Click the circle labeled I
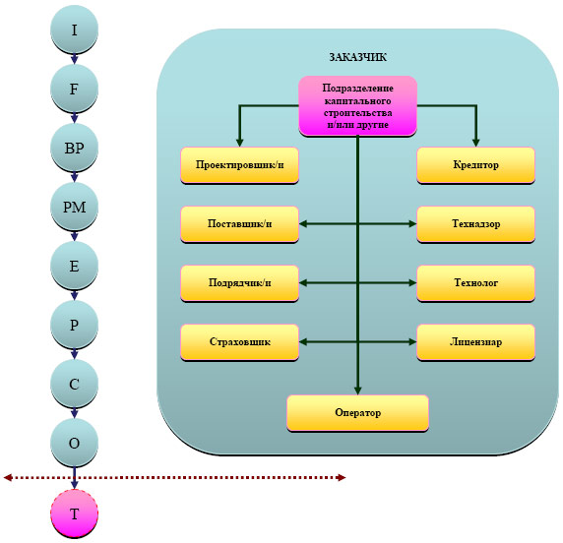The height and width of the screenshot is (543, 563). (x=74, y=30)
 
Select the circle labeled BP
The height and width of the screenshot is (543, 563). (x=74, y=148)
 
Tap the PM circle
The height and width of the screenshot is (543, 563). (x=74, y=207)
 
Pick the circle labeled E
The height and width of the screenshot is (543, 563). (x=74, y=266)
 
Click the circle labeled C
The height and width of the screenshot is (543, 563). (x=74, y=384)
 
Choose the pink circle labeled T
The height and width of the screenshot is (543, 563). (x=74, y=513)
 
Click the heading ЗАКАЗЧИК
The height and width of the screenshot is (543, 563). (x=358, y=57)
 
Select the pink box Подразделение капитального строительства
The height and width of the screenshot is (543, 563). (x=357, y=106)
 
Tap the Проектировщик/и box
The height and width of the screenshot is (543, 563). (x=239, y=165)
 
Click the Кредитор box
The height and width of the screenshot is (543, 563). (x=475, y=165)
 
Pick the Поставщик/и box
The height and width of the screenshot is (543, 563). (x=239, y=224)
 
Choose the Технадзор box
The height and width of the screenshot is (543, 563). (x=475, y=224)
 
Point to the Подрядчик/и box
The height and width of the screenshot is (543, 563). (x=239, y=283)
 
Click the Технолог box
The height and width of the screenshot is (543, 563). (x=475, y=283)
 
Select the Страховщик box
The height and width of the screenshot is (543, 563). (x=239, y=342)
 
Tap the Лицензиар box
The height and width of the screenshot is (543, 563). (x=475, y=342)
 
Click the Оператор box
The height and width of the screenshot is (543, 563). (x=357, y=413)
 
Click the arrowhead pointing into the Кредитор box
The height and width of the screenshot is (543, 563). (x=475, y=143)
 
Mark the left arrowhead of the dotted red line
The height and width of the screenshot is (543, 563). (x=8, y=477)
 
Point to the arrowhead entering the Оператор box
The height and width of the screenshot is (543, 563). (x=357, y=391)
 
